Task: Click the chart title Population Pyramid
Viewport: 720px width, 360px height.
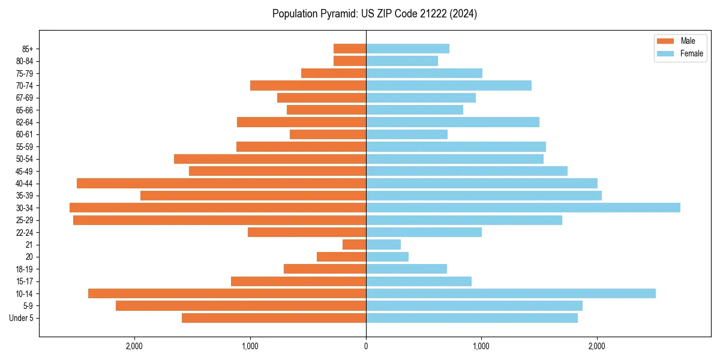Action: [x=374, y=14]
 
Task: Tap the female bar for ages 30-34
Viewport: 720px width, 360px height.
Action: [x=523, y=208]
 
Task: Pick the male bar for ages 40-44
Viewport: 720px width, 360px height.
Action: [x=221, y=183]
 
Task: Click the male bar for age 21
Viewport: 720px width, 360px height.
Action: [x=354, y=244]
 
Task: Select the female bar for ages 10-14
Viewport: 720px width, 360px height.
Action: [x=511, y=293]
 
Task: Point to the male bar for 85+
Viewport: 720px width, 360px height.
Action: [x=350, y=49]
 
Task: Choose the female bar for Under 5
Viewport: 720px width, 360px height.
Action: [x=472, y=318]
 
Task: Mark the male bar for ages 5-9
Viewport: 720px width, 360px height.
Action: [x=241, y=305]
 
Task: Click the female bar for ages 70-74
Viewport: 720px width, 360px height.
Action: [x=449, y=85]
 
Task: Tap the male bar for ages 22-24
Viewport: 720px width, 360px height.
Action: [x=307, y=232]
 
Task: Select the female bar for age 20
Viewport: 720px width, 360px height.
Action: [x=387, y=257]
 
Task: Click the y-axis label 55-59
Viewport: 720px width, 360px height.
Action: [x=25, y=146]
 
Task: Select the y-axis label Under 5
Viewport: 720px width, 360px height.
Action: [x=22, y=318]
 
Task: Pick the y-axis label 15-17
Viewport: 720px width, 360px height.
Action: [x=25, y=281]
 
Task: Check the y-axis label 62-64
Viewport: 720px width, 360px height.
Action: [x=25, y=122]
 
